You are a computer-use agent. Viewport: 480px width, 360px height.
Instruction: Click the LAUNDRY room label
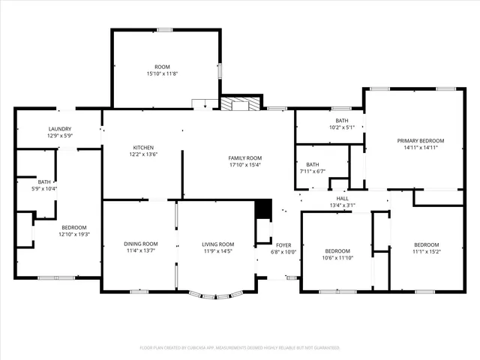tap(59, 129)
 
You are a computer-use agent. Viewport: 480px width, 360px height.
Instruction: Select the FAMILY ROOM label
tap(244, 157)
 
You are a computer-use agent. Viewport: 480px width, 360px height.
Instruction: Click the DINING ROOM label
tap(140, 244)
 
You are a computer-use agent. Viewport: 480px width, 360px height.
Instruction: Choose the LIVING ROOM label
tap(218, 244)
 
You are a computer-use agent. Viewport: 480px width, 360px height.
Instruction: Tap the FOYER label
tap(283, 244)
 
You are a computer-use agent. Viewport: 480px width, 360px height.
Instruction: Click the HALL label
tap(342, 198)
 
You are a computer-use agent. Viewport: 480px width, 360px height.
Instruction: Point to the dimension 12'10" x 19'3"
tap(73, 234)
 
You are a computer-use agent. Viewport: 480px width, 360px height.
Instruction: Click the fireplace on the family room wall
tap(241, 104)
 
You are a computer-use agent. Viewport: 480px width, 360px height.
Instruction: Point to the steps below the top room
tap(200, 104)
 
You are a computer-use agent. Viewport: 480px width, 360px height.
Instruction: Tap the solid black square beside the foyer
tap(262, 209)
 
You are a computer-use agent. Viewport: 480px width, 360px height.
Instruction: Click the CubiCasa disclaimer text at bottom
tap(240, 348)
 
